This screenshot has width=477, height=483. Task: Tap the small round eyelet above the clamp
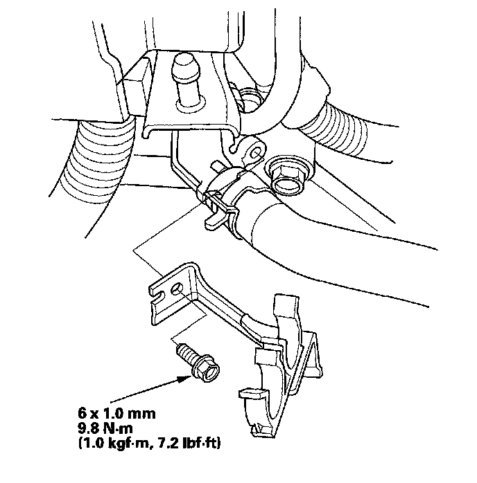click(252, 148)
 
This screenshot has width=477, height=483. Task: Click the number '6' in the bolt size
click(83, 413)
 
